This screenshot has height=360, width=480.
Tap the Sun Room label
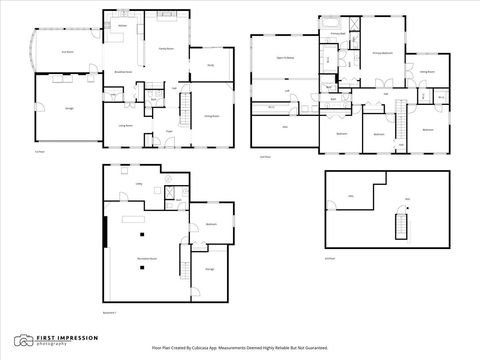coord(68,52)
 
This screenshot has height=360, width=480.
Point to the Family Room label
coord(166,47)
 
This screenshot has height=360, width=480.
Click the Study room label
coord(211,66)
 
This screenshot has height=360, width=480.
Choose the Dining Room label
coord(212,117)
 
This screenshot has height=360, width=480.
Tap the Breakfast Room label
coord(125,72)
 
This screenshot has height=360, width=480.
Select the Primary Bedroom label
coord(383,53)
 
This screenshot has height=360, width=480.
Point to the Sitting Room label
coord(427,72)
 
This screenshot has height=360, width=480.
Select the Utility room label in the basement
coord(126,184)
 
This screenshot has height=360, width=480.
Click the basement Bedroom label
coord(212,225)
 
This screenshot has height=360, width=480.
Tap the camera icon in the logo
coord(21,339)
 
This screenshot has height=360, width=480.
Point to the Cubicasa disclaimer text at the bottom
coord(240,349)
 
